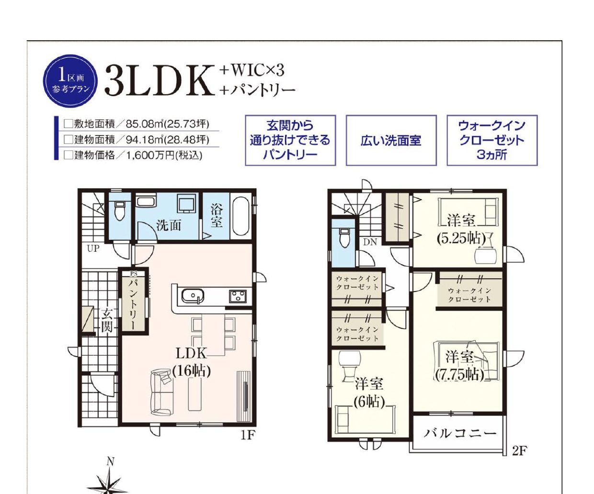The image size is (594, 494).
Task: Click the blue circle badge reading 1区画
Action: tap(70, 81)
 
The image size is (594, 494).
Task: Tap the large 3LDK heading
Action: tap(160, 81)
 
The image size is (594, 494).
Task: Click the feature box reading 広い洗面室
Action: tap(391, 140)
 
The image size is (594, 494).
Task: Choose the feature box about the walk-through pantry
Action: tap(290, 140)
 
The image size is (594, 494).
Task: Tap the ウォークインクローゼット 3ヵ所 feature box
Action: tap(492, 140)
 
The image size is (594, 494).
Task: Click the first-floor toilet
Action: tap(119, 211)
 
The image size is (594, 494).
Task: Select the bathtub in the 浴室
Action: tap(240, 216)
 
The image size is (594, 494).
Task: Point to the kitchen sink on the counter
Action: tap(193, 296)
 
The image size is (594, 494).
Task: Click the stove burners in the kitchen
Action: tap(238, 296)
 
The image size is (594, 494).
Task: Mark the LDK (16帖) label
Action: tap(192, 362)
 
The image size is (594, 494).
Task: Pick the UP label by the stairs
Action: tap(93, 249)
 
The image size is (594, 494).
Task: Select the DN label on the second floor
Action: tap(370, 242)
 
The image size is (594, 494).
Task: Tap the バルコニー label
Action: tap(460, 434)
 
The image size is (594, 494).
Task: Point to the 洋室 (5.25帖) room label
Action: tap(461, 230)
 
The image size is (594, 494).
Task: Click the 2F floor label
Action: tap(519, 450)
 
